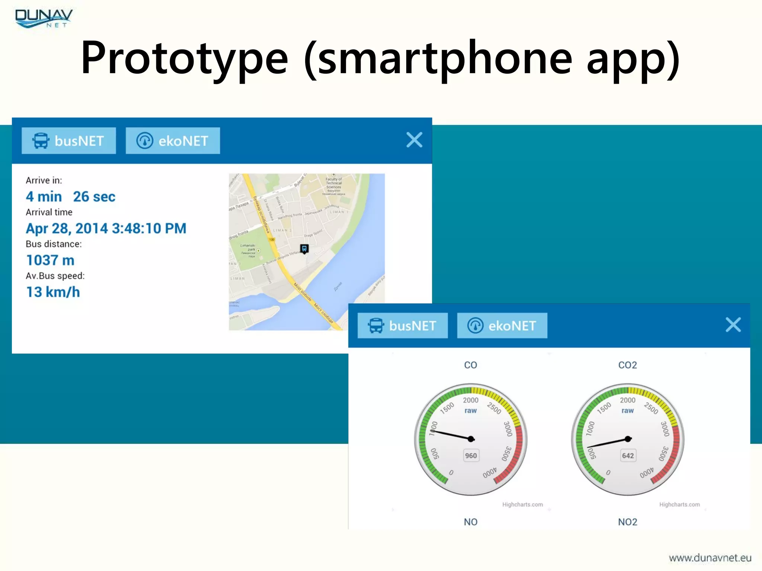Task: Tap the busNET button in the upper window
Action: [x=69, y=141]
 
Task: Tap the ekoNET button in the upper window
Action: [x=173, y=141]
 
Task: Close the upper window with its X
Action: [x=414, y=140]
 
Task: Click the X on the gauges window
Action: [x=733, y=325]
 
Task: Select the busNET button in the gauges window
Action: [x=403, y=326]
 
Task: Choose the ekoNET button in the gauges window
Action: [x=502, y=326]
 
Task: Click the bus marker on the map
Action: [x=304, y=248]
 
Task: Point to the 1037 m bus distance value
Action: [x=50, y=260]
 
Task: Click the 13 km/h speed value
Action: [x=53, y=292]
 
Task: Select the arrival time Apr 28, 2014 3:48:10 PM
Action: [x=106, y=228]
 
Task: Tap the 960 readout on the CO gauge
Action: [x=471, y=456]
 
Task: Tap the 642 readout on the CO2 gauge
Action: [x=628, y=456]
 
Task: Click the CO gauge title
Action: [x=470, y=365]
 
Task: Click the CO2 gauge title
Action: [x=627, y=365]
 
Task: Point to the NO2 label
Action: [x=627, y=522]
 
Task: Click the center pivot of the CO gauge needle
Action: [x=471, y=439]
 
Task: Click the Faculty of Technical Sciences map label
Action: [x=334, y=183]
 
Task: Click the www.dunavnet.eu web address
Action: [x=710, y=558]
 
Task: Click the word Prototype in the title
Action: [x=185, y=58]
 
